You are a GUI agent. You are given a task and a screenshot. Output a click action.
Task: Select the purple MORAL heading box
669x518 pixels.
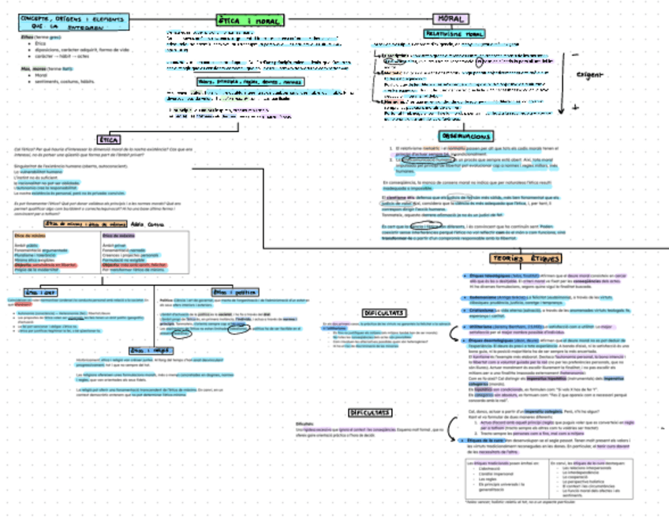point(449,19)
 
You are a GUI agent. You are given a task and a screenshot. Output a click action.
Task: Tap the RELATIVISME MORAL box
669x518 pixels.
point(454,35)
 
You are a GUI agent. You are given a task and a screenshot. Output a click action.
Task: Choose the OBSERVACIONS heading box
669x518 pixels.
point(465,137)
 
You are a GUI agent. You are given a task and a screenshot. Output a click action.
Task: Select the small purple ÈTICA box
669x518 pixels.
point(108,139)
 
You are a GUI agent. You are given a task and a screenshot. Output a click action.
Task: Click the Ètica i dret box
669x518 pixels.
point(41,291)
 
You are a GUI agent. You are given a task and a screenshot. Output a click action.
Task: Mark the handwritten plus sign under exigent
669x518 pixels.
point(575,107)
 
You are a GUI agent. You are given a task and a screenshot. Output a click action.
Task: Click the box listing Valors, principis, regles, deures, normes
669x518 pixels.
point(249,81)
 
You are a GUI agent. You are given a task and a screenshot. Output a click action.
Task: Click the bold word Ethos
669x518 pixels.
point(28,37)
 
